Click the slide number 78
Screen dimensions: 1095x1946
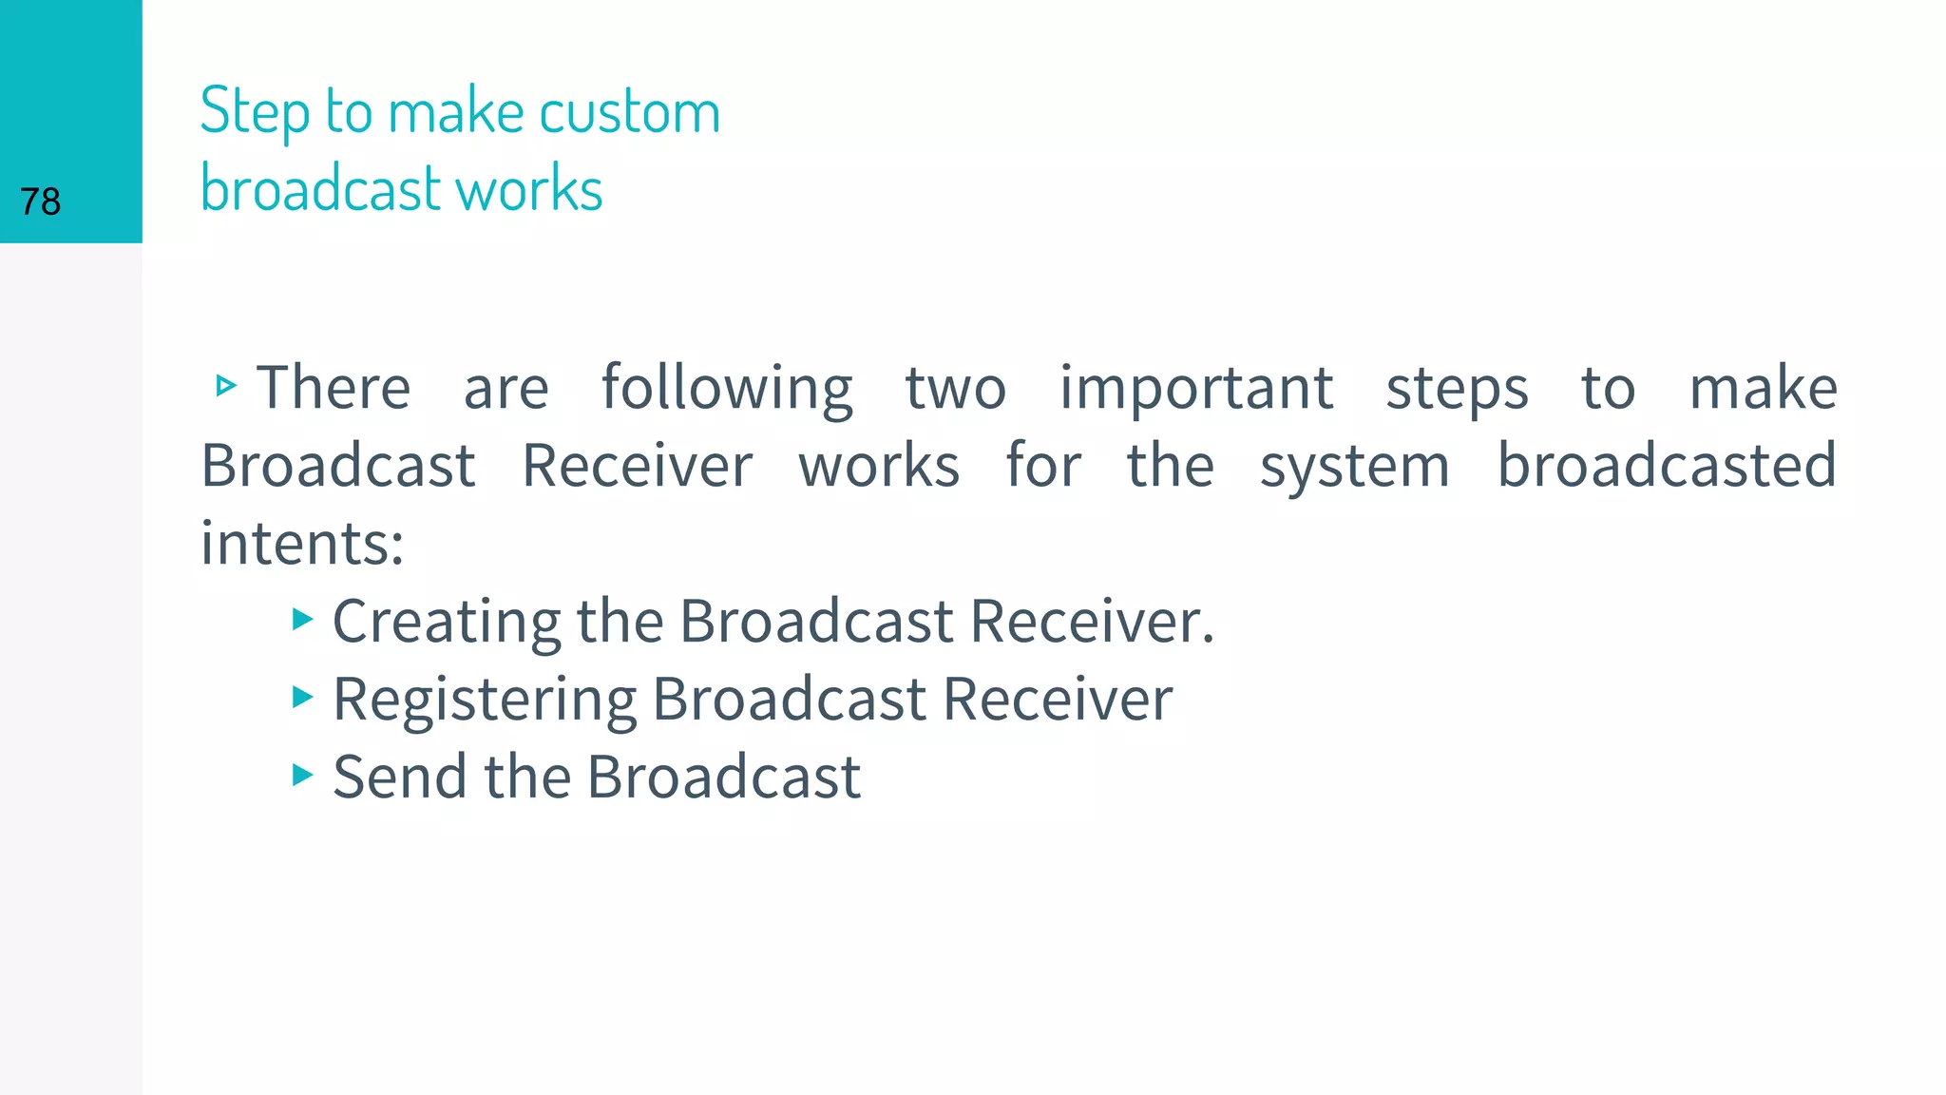(x=40, y=202)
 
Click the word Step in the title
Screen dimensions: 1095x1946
(x=255, y=112)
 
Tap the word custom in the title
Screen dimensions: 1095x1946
(x=630, y=112)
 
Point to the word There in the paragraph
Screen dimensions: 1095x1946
(x=334, y=388)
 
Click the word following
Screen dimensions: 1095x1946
(x=727, y=388)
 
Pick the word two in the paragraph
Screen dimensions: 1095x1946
(x=955, y=388)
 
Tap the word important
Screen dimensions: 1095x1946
(x=1196, y=388)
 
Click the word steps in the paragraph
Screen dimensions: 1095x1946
(x=1457, y=390)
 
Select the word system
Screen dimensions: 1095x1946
(x=1354, y=468)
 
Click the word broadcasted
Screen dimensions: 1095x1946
(x=1667, y=466)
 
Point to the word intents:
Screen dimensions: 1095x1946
(x=302, y=544)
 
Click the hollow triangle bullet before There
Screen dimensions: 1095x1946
(x=225, y=386)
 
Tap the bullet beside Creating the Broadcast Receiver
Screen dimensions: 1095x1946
(x=302, y=621)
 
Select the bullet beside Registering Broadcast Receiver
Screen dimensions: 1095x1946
(x=302, y=698)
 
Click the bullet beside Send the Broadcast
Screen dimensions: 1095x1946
(x=302, y=776)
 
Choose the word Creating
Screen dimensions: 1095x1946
(x=446, y=623)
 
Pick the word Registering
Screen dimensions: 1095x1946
(x=484, y=701)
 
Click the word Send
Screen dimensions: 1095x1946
(x=399, y=777)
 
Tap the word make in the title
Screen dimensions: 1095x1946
(x=456, y=112)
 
